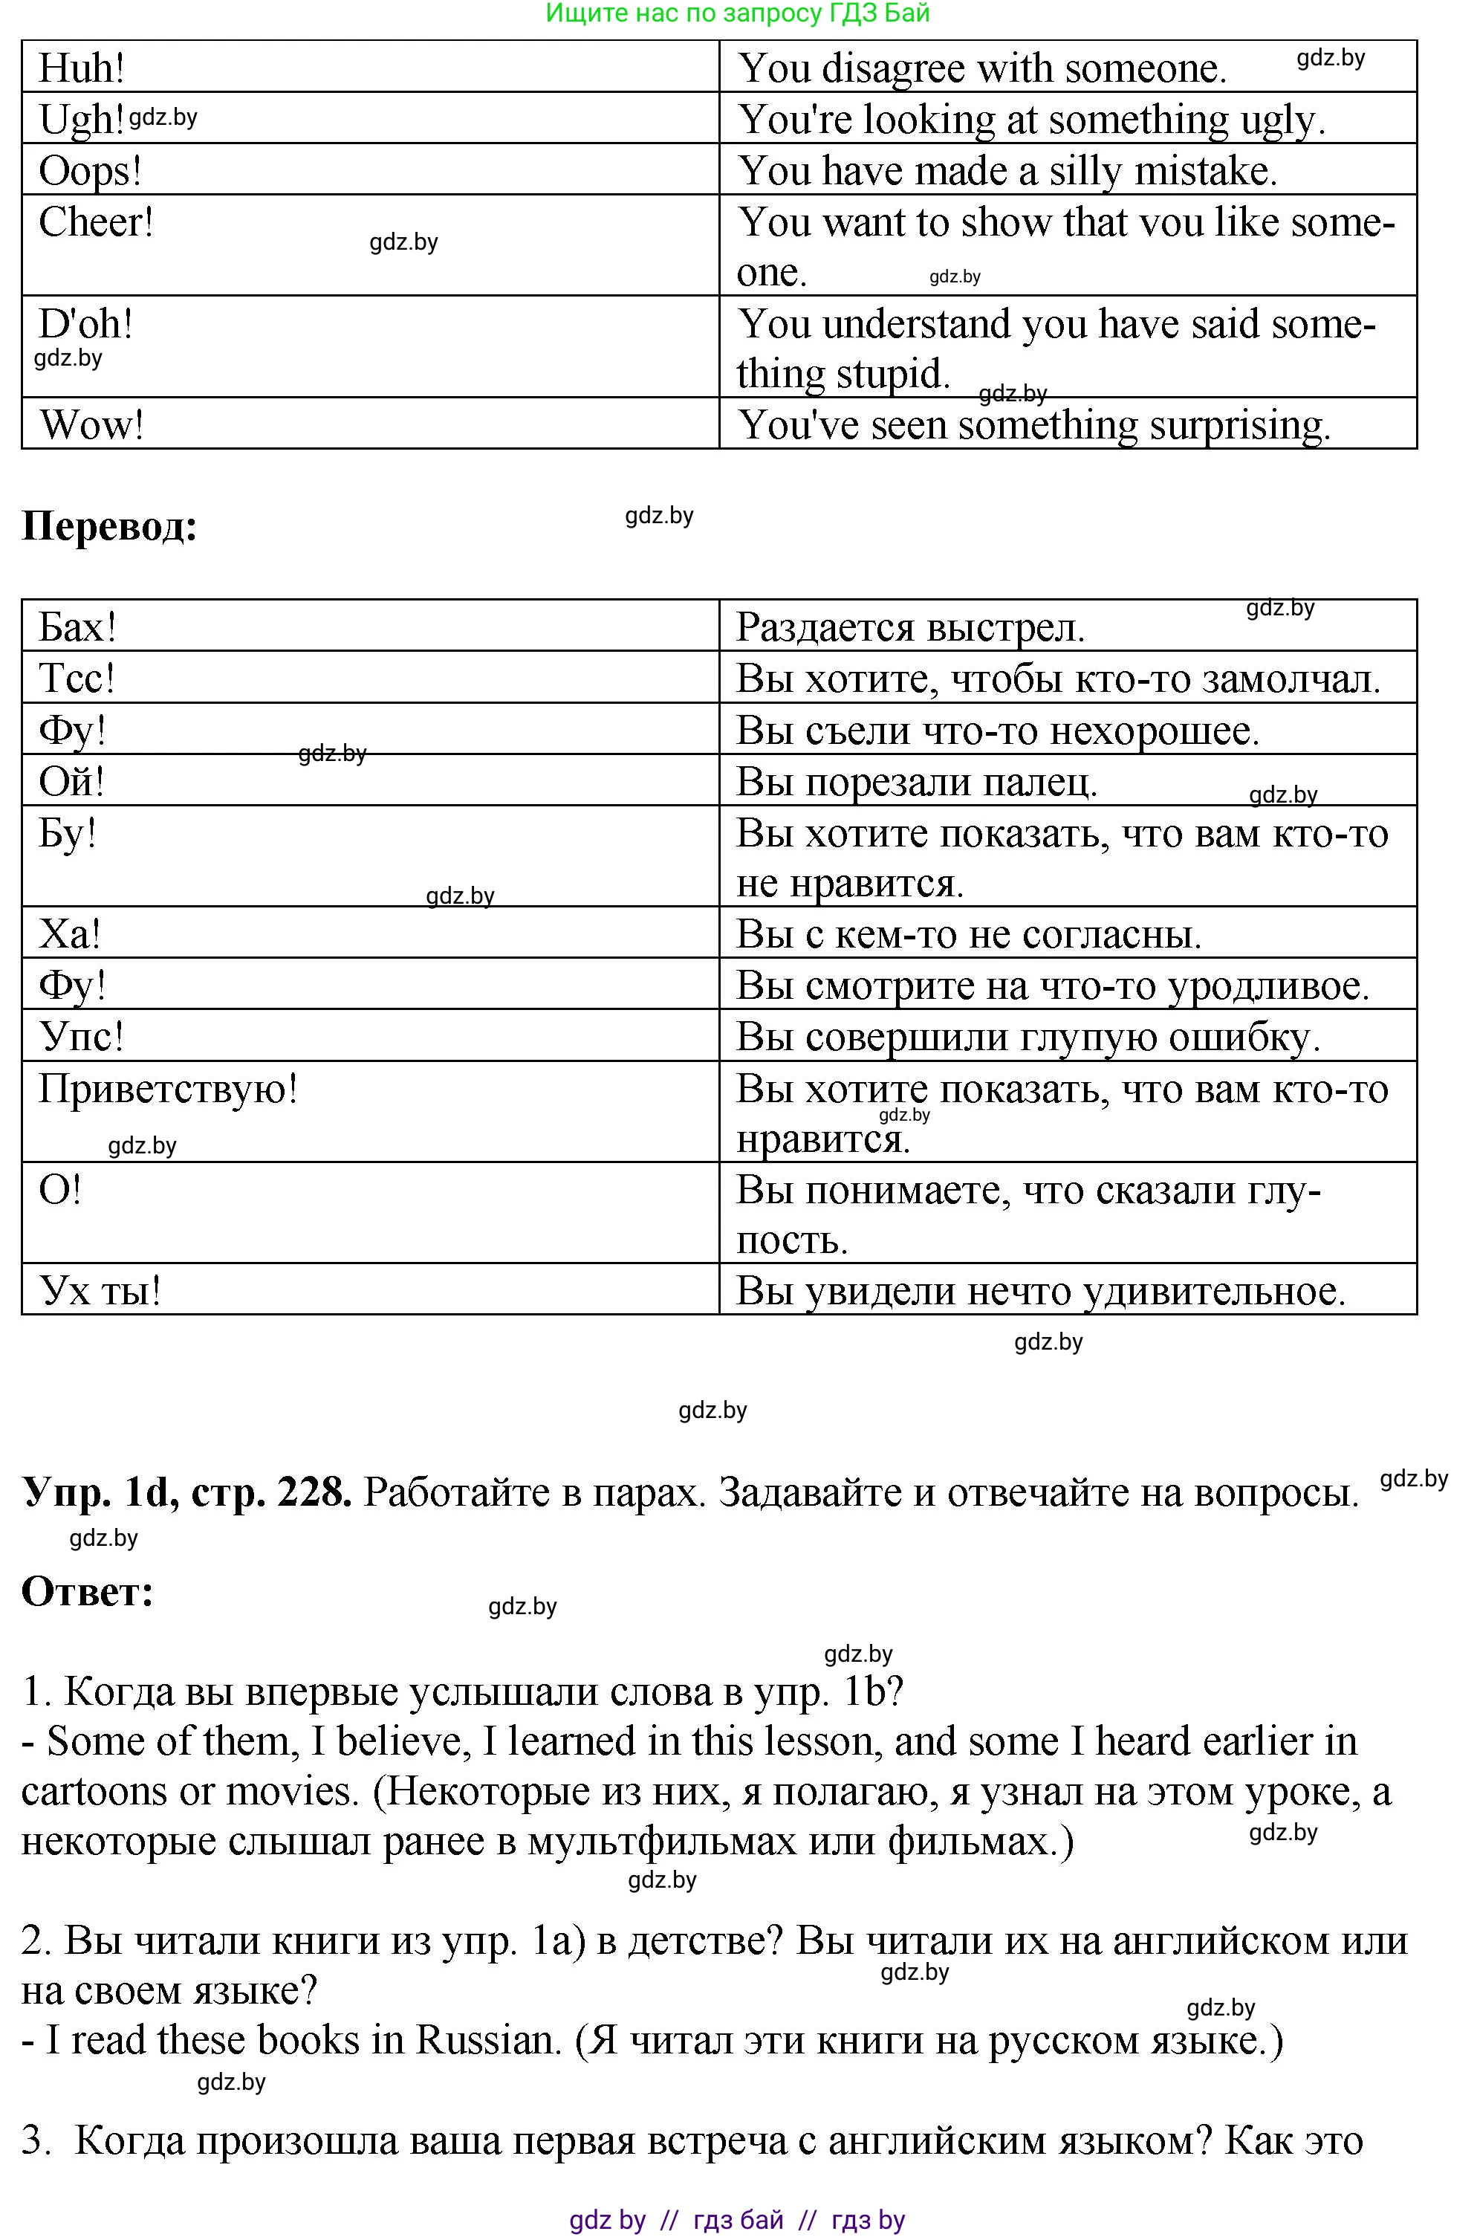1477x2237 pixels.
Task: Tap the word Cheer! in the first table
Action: coord(96,222)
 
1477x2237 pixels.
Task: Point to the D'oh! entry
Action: coord(85,324)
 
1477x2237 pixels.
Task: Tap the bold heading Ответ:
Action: coord(88,1591)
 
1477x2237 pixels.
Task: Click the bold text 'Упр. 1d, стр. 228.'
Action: coord(186,1492)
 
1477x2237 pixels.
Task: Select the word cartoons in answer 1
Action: coord(94,1791)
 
